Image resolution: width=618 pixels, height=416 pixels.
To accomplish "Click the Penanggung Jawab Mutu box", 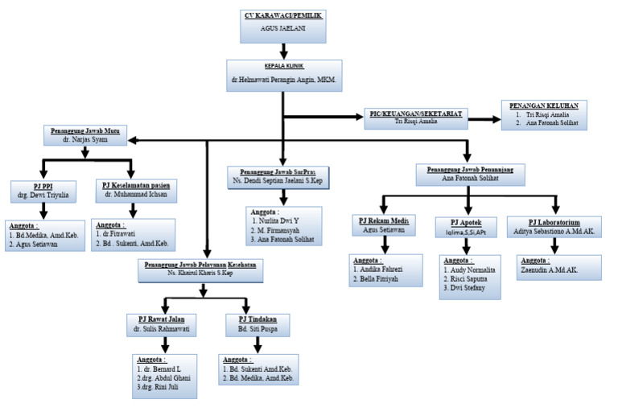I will (86, 134).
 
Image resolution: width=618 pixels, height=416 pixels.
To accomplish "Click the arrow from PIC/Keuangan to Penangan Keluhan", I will (483, 118).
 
